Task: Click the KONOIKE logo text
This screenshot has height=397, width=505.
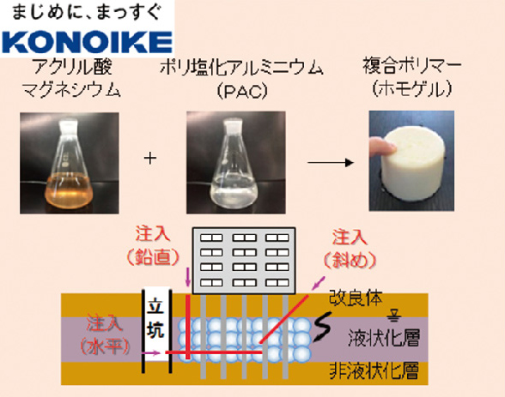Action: click(x=87, y=42)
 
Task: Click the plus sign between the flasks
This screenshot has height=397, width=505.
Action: click(x=150, y=158)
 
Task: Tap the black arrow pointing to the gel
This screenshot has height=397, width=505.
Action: click(x=331, y=162)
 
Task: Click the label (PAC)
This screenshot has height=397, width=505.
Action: click(x=242, y=91)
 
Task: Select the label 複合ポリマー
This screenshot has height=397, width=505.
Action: click(x=412, y=66)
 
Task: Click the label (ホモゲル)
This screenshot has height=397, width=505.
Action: click(x=412, y=88)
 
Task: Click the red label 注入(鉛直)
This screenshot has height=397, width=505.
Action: click(x=153, y=245)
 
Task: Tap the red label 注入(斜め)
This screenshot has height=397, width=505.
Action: click(x=350, y=249)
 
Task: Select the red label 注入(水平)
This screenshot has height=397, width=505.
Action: click(x=105, y=335)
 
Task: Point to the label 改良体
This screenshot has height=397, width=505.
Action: click(x=356, y=298)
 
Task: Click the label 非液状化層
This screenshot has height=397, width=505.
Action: click(x=374, y=371)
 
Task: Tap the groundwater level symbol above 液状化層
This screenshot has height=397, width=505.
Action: click(x=394, y=316)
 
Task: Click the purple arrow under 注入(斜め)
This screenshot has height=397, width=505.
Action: click(x=319, y=283)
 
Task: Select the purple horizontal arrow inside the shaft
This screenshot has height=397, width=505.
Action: click(x=151, y=353)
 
